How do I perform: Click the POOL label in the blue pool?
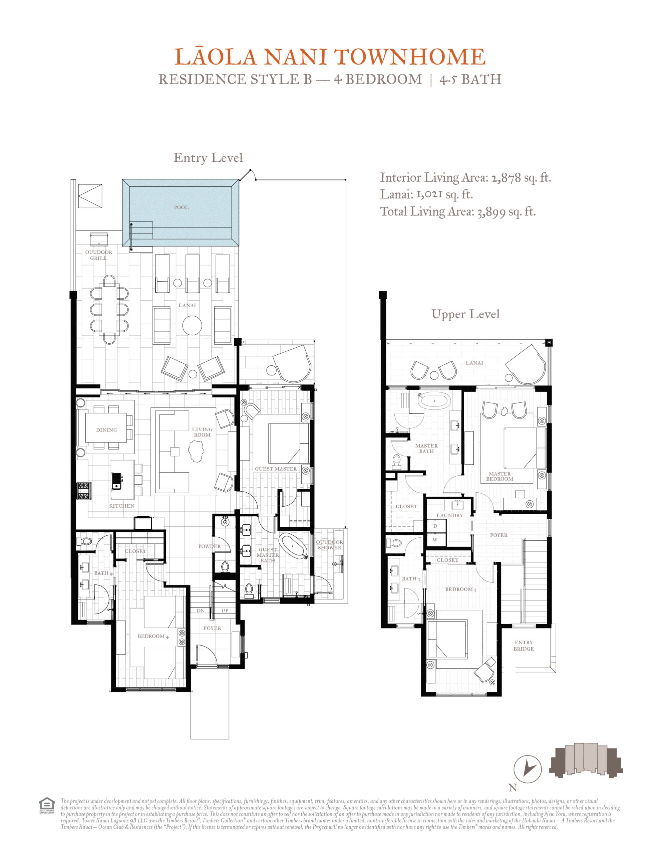click(181, 207)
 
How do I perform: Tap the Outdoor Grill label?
click(98, 255)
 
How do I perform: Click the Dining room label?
click(106, 430)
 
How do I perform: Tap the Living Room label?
click(202, 432)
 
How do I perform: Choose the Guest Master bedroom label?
click(276, 469)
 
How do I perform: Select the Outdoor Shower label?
click(329, 545)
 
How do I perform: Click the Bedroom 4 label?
click(153, 637)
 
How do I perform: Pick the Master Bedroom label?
click(500, 477)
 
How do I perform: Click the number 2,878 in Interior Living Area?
click(506, 178)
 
